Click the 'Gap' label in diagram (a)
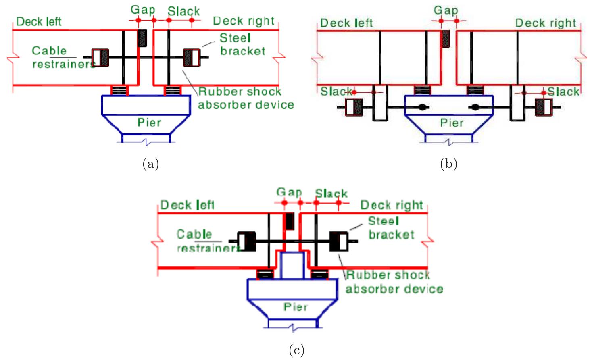pyautogui.click(x=143, y=10)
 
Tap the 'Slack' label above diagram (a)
pyautogui.click(x=183, y=11)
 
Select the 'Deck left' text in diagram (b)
pyautogui.click(x=346, y=23)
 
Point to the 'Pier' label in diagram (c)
pyautogui.click(x=295, y=307)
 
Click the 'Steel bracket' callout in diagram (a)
pyautogui.click(x=242, y=44)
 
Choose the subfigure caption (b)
pyautogui.click(x=448, y=164)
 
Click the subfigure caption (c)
pyautogui.click(x=296, y=350)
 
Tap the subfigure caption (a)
pyautogui.click(x=150, y=164)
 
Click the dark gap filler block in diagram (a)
pyautogui.click(x=142, y=38)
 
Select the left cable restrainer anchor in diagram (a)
pyautogui.click(x=100, y=58)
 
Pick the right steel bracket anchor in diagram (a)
pyautogui.click(x=192, y=58)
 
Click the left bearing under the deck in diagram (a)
pyautogui.click(x=119, y=90)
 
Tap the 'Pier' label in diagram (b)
pyautogui.click(x=451, y=123)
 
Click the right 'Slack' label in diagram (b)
pyautogui.click(x=563, y=92)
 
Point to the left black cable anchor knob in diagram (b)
pyautogui.click(x=422, y=107)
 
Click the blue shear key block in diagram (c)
pyautogui.click(x=292, y=265)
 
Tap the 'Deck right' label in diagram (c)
pyautogui.click(x=391, y=205)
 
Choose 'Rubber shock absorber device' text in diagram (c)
pyautogui.click(x=394, y=282)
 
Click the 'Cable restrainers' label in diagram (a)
pyautogui.click(x=60, y=57)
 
